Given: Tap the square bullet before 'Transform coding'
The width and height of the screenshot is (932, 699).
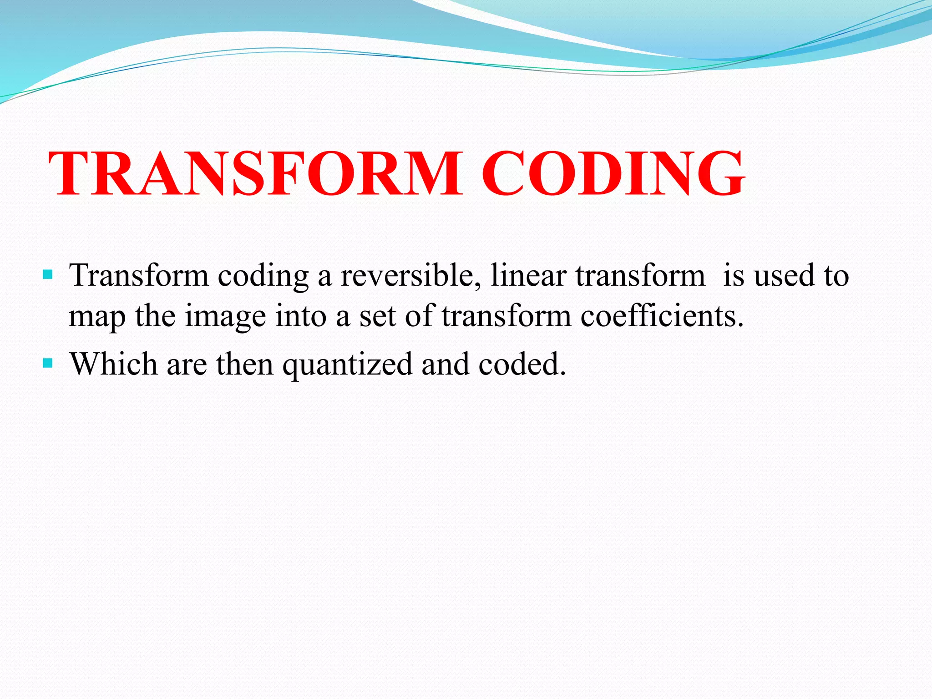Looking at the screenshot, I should point(47,275).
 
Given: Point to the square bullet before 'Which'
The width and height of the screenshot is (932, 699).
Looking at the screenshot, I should point(47,363).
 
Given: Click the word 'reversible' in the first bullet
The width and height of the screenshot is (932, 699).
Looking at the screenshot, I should point(410,276).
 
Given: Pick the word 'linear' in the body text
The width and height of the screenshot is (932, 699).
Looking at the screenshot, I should point(527,276).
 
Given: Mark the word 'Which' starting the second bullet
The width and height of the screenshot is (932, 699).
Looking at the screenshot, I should point(114,364).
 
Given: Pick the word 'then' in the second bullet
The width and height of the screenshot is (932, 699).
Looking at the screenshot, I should point(244,364).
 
